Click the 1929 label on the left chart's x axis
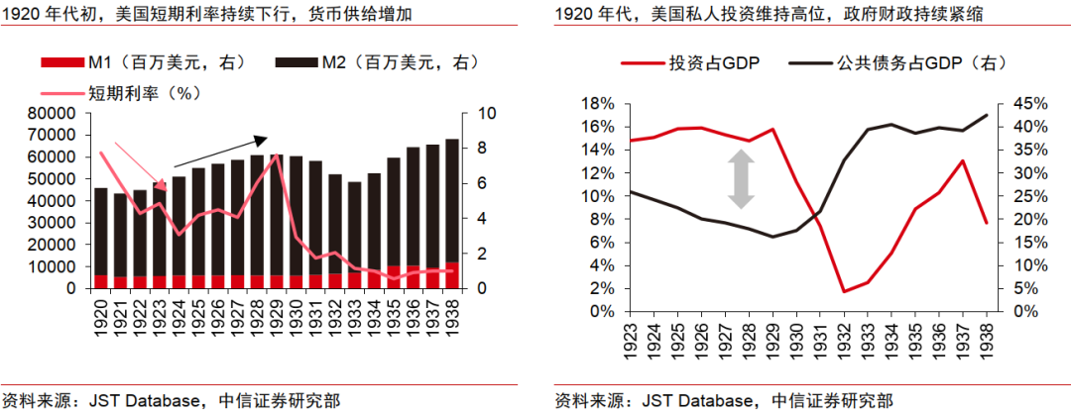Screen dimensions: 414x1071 [277, 311]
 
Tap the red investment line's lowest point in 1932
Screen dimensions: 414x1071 [844, 291]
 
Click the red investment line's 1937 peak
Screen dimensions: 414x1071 [962, 160]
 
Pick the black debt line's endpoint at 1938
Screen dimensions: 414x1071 [986, 115]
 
